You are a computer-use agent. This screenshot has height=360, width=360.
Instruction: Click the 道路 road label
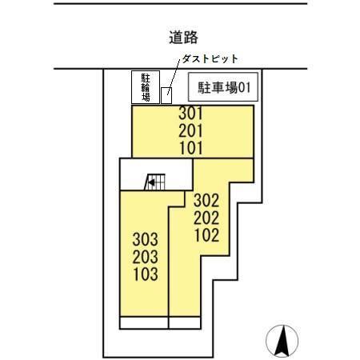183,37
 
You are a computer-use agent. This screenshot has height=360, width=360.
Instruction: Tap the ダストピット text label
210,59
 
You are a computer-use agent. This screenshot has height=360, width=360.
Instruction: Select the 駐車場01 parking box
221,86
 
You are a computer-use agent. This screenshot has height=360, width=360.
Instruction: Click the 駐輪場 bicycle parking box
146,86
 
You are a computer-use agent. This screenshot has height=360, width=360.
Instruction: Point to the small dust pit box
166,95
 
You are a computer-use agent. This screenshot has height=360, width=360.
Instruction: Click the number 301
193,114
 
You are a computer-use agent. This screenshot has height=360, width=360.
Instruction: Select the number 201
193,130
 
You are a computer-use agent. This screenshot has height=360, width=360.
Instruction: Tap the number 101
193,147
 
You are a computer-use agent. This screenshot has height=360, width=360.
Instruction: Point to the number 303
145,239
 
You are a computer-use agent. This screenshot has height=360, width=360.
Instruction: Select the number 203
145,256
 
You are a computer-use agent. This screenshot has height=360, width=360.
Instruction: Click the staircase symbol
156,182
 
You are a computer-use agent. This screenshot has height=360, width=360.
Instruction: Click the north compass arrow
281,342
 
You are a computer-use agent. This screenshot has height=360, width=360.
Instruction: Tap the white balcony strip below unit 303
144,323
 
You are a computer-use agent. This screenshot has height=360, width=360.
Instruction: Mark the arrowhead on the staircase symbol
148,183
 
